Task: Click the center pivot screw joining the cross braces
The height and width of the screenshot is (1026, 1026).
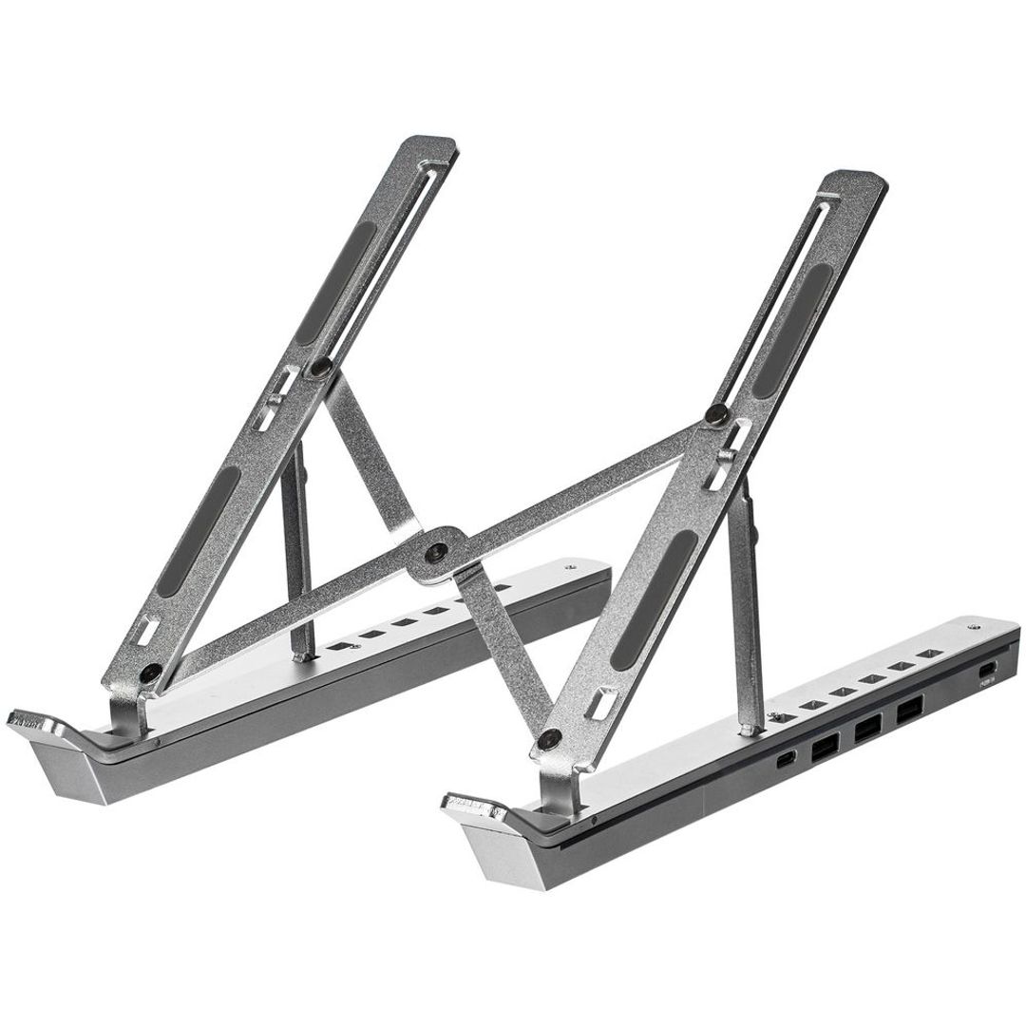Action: click(x=436, y=551)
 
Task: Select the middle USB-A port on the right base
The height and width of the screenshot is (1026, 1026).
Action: click(x=866, y=730)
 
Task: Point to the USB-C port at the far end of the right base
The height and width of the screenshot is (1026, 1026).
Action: click(x=987, y=672)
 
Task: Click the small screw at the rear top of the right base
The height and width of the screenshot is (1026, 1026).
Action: click(x=974, y=628)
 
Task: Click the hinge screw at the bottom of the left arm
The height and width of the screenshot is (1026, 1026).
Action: click(x=149, y=673)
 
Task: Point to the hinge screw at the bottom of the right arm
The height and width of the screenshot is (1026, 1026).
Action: click(x=549, y=737)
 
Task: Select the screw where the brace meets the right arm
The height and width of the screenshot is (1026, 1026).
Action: click(x=718, y=413)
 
